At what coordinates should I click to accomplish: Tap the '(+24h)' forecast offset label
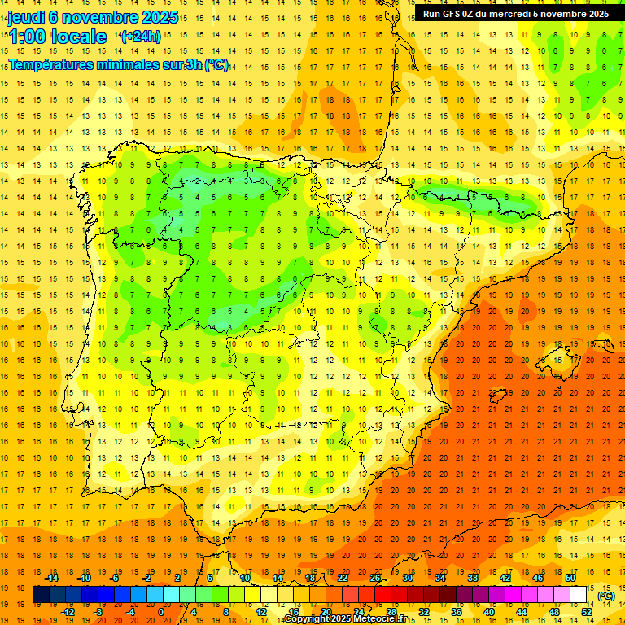pyautogui.click(x=141, y=37)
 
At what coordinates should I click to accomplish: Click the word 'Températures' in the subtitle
pyautogui.click(x=55, y=64)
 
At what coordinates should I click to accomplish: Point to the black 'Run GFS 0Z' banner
pyautogui.click(x=515, y=13)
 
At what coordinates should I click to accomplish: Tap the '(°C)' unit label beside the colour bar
pyautogui.click(x=605, y=596)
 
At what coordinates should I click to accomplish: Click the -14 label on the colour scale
pyautogui.click(x=52, y=578)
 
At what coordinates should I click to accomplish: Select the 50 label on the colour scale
pyautogui.click(x=570, y=578)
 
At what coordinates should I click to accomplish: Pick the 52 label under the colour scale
pyautogui.click(x=587, y=612)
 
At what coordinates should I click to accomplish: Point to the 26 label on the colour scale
pyautogui.click(x=375, y=578)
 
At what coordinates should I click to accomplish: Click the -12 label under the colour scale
pyautogui.click(x=68, y=612)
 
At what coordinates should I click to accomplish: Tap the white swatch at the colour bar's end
pyautogui.click(x=579, y=595)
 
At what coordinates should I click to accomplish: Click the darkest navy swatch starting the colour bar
pyautogui.click(x=41, y=595)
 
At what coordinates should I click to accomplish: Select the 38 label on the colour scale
pyautogui.click(x=473, y=578)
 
